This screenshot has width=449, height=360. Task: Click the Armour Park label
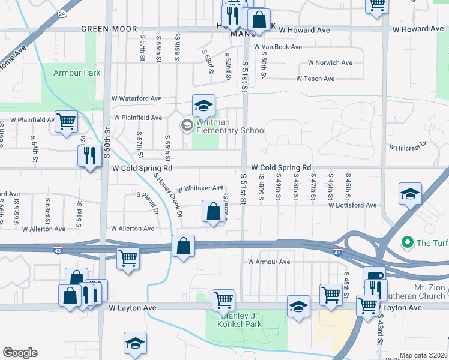(x=77, y=73)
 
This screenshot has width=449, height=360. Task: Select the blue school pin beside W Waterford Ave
(x=204, y=106)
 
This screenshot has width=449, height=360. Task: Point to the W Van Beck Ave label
(x=277, y=46)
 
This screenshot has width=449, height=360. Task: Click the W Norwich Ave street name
(x=330, y=62)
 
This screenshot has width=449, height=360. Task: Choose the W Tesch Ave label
(x=315, y=79)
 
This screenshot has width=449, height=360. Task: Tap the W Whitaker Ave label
(x=200, y=188)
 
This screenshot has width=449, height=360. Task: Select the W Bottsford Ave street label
(x=352, y=205)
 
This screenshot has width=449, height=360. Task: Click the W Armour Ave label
(x=269, y=262)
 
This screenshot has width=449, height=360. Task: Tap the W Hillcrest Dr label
(x=407, y=146)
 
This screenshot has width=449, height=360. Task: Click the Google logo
(x=20, y=353)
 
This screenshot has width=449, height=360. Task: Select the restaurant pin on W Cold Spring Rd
(x=89, y=156)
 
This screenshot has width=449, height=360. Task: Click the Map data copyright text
(x=424, y=355)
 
